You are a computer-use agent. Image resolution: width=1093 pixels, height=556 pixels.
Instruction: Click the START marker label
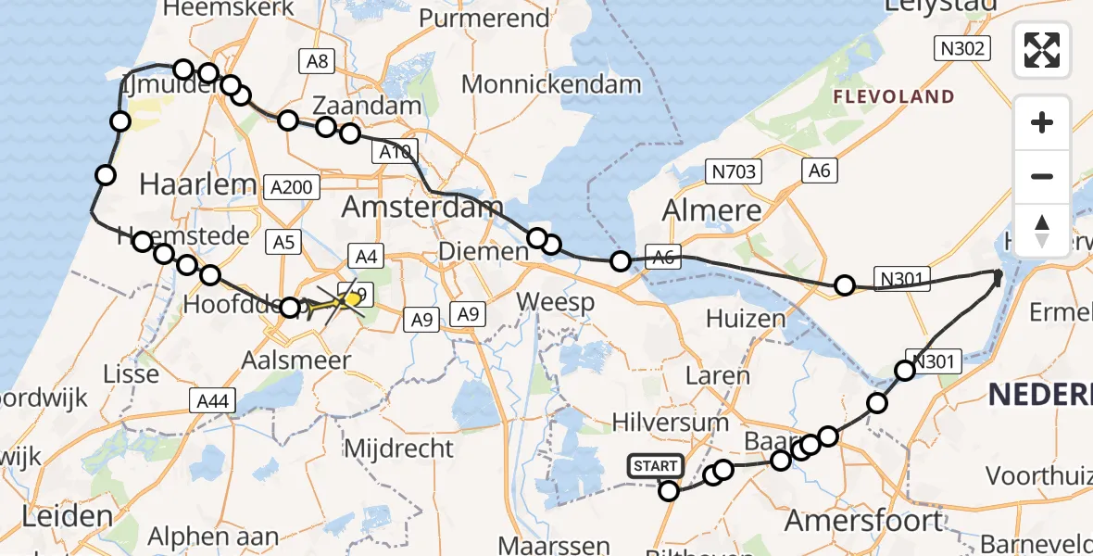[x=656, y=466]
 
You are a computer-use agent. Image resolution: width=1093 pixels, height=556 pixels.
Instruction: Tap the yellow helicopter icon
[x=347, y=300]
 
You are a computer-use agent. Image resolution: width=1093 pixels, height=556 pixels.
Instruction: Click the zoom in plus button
[x=1042, y=122]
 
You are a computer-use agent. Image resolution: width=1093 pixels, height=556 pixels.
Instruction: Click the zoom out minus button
[x=1042, y=176]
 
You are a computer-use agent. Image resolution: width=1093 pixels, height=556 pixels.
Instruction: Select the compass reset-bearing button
[x=1042, y=229]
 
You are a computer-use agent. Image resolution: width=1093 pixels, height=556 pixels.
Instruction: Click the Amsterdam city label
[x=422, y=207]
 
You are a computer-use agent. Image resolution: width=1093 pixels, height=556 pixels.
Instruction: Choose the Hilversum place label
[x=671, y=422]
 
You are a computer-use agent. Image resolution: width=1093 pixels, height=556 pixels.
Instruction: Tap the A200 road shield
[x=292, y=187]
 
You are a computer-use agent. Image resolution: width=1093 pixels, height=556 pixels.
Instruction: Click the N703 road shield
[x=735, y=171]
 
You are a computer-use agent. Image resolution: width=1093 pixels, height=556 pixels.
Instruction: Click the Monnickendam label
[x=551, y=84]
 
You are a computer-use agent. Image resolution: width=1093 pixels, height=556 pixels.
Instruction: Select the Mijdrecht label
[x=399, y=449]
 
